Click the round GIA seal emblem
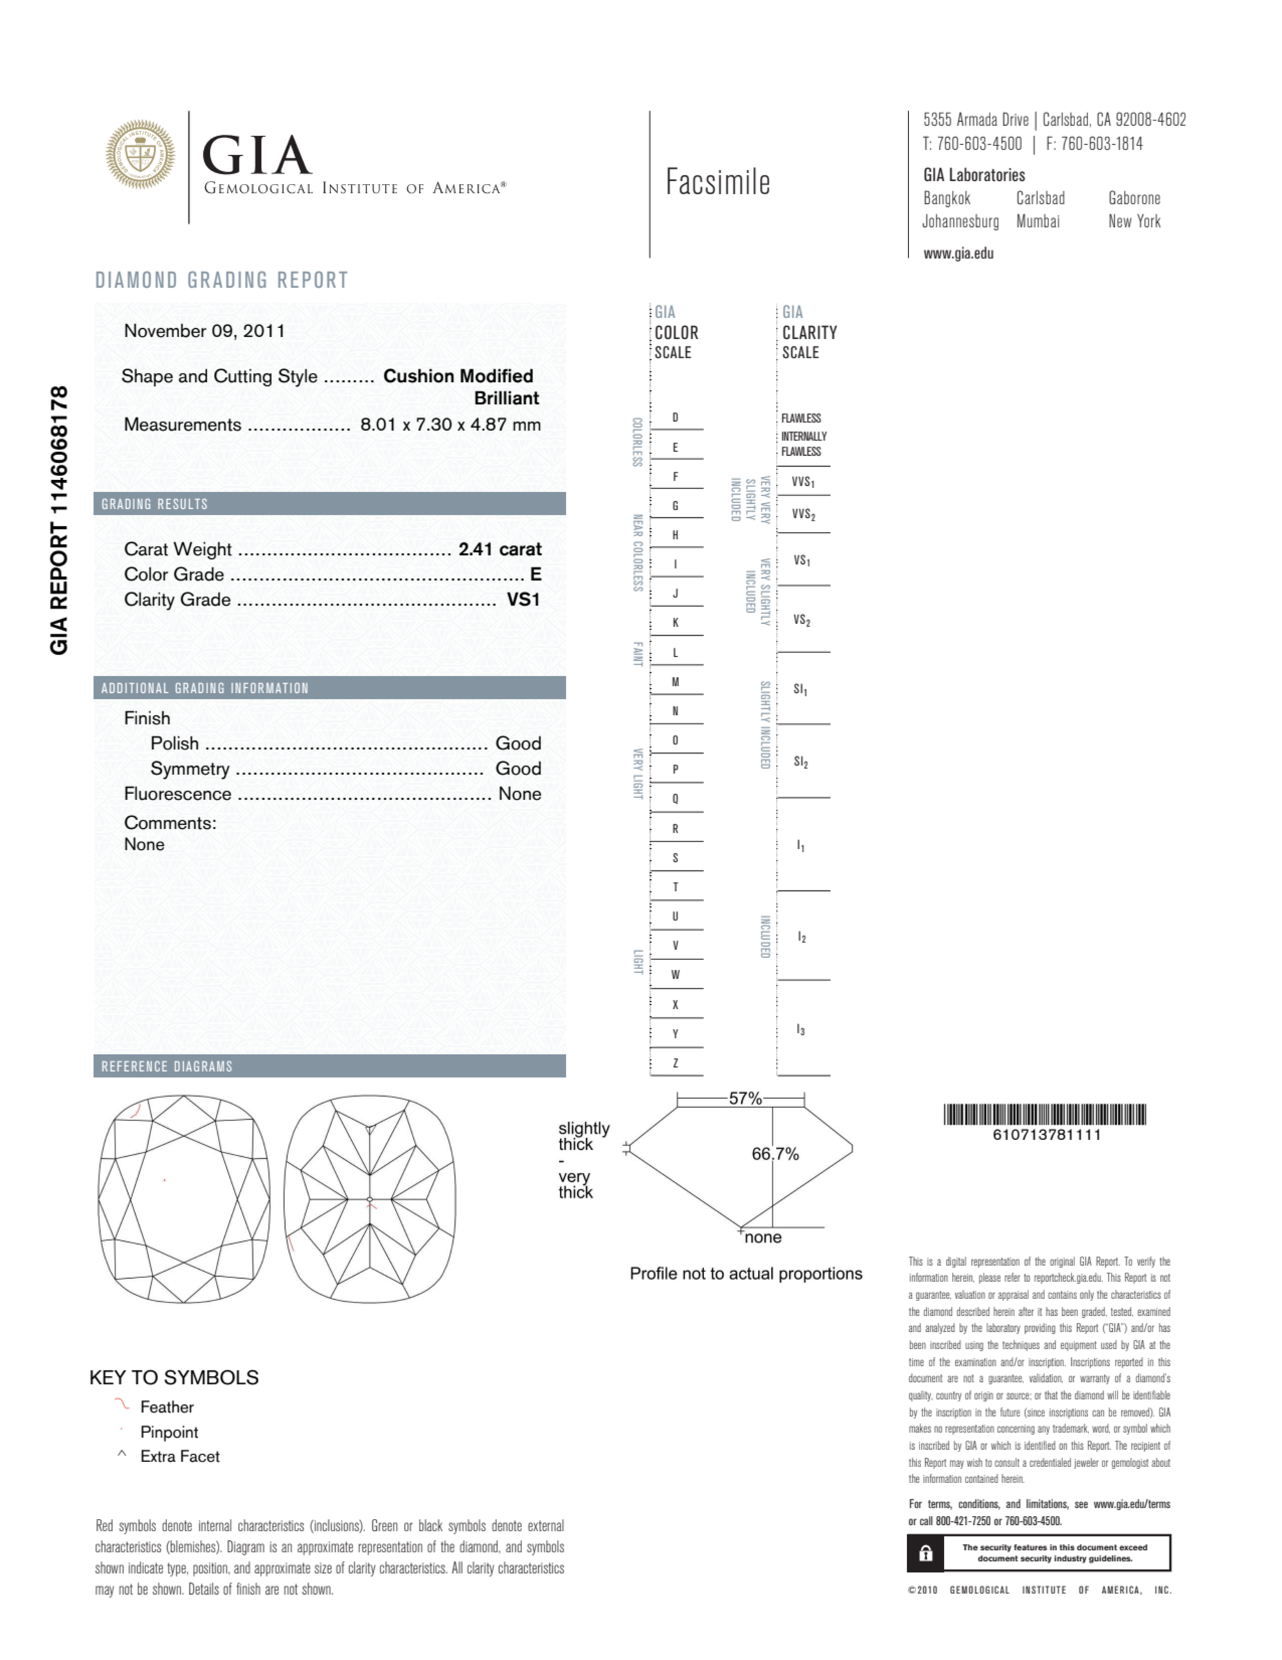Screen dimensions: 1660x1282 140,154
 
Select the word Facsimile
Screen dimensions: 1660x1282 718,183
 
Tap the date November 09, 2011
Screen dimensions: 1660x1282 204,331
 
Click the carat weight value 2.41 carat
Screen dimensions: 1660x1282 499,549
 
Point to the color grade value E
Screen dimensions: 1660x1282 535,575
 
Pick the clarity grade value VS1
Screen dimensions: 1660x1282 523,600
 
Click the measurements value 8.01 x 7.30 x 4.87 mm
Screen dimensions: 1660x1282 450,424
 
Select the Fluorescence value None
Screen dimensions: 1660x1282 519,793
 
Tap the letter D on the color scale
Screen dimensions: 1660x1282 675,417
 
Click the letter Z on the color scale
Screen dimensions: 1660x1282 675,1063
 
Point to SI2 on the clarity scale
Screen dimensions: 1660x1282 801,761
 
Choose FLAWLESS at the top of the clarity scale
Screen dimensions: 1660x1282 801,418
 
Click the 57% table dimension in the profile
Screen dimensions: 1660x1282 744,1099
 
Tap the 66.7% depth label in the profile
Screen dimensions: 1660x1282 775,1154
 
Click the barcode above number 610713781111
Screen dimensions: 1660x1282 1044,1115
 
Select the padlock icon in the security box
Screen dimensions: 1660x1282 926,1553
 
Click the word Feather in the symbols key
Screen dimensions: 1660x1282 167,1407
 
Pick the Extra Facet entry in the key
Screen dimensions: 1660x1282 179,1456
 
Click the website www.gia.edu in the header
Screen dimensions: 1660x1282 958,254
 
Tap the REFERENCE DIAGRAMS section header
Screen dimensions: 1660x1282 167,1067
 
